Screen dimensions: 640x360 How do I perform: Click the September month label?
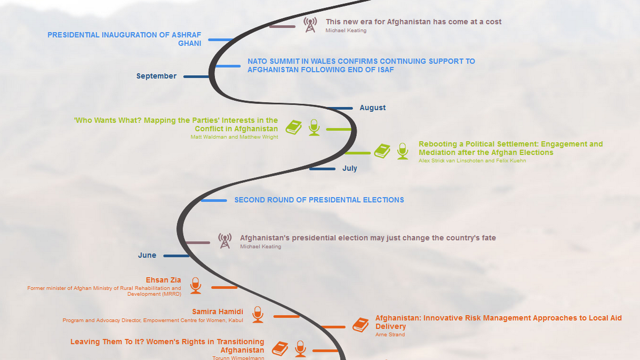tap(156, 76)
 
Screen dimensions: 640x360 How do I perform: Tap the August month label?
tap(372, 108)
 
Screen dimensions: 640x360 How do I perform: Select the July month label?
tap(349, 169)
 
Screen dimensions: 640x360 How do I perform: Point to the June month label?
tap(147, 255)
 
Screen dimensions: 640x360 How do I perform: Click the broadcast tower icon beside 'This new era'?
tap(310, 25)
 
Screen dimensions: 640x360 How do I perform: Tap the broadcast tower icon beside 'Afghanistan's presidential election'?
tap(225, 241)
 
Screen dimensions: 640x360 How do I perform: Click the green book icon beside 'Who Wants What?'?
tap(294, 127)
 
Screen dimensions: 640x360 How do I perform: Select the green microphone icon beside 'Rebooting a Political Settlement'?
tap(403, 151)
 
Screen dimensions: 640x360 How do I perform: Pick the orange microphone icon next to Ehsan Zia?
tap(196, 285)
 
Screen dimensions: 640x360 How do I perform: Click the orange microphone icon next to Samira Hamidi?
tap(258, 314)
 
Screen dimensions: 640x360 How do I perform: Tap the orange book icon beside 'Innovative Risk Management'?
tap(361, 324)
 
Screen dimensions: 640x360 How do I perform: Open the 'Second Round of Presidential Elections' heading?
tap(319, 200)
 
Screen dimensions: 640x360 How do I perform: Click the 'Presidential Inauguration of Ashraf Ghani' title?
tap(124, 39)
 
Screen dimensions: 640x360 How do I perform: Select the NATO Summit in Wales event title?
tap(361, 66)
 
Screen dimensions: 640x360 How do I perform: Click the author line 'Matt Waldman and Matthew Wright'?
tap(234, 137)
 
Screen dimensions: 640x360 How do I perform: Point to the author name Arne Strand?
tap(390, 335)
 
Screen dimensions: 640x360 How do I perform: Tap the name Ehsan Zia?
tap(163, 280)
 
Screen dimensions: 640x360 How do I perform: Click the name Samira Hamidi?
tap(218, 311)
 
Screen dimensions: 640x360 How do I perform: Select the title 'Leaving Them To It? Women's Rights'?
tap(167, 346)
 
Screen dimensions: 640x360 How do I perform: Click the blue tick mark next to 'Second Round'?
tap(214, 201)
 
